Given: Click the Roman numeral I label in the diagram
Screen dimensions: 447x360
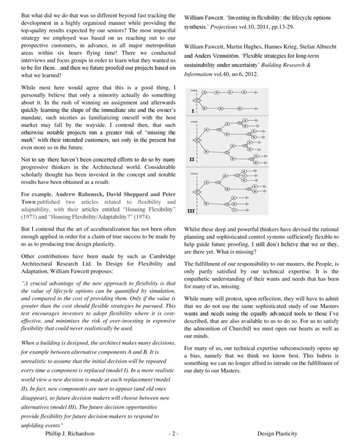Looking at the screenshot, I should tap(193, 111).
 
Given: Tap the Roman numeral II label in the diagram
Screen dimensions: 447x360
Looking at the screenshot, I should tap(192, 160).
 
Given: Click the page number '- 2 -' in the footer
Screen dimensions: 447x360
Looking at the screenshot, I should tap(173, 433).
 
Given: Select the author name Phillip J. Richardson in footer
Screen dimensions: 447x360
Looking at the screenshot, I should tap(70, 433).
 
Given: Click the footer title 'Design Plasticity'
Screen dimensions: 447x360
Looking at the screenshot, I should tap(277, 433).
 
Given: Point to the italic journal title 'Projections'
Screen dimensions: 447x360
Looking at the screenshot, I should tap(224, 27).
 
